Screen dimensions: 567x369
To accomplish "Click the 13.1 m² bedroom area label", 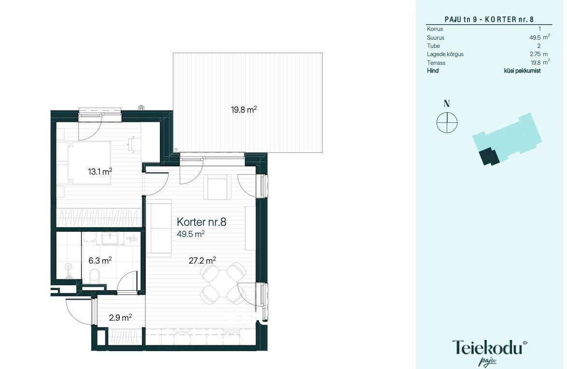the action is coord(100,171).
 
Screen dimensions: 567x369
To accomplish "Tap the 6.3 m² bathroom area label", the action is coord(100,260).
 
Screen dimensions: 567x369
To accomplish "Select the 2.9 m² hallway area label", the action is coord(120,318).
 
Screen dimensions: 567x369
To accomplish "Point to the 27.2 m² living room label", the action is coord(202,260).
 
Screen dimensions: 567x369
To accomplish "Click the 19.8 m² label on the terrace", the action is coord(244,109).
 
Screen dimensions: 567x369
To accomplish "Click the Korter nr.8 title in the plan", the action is coord(201,221).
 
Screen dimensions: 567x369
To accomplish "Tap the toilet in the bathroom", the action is coord(94,276).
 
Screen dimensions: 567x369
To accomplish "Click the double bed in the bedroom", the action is coord(88,163).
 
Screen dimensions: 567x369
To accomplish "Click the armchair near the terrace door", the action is coord(217,187).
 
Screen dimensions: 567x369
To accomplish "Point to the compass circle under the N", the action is coord(447,123).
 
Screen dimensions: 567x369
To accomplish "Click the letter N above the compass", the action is coord(447,103).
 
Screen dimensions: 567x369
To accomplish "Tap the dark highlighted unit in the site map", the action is coord(489,156).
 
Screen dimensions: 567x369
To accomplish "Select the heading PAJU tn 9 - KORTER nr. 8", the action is coord(489,19).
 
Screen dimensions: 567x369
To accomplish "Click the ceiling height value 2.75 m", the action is coord(539,54).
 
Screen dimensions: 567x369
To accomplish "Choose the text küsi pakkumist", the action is coord(522,71).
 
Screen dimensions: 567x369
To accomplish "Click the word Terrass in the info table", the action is coord(436,63).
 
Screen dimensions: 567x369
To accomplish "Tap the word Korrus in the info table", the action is coord(435,29).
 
